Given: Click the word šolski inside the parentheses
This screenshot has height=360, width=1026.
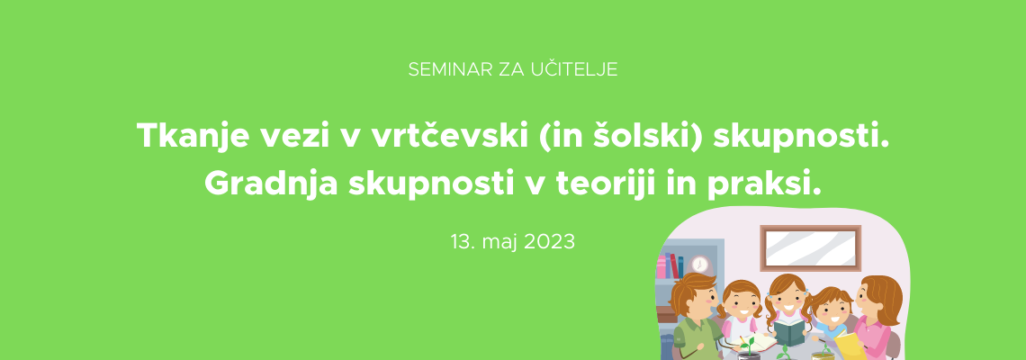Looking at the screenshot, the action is [641, 136].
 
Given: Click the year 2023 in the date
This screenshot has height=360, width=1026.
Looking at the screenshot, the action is [549, 242].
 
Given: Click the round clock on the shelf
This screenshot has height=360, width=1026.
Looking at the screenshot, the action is [700, 264].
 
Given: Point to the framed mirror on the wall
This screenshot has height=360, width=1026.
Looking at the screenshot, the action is [811, 248].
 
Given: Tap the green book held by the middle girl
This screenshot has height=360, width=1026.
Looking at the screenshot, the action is [790, 332].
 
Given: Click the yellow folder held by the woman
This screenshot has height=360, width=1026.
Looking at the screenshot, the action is [850, 345].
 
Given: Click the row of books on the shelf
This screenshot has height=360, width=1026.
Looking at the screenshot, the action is [670, 266].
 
